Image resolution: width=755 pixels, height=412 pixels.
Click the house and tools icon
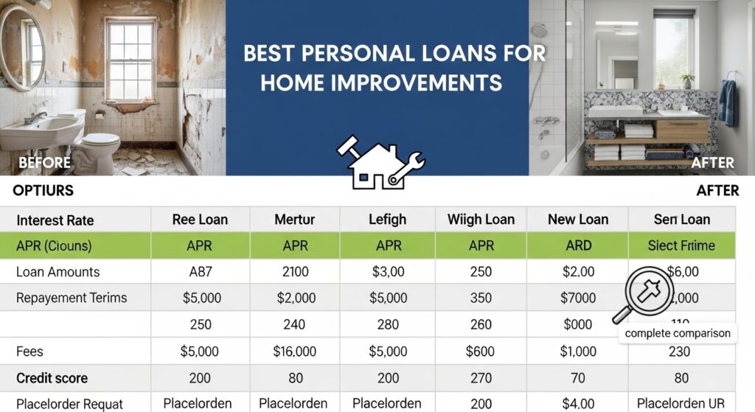click(380, 162)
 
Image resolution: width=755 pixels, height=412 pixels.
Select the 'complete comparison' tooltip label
click(677, 333)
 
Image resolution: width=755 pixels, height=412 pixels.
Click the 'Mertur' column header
click(294, 219)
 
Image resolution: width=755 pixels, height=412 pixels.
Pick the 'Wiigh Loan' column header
click(481, 219)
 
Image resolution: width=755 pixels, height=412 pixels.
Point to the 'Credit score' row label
click(52, 378)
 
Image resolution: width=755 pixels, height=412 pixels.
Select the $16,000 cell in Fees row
click(294, 352)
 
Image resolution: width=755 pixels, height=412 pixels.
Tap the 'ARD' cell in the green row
click(579, 245)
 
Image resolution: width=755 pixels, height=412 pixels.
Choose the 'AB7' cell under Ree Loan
click(200, 272)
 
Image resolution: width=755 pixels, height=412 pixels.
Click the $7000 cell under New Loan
click(579, 298)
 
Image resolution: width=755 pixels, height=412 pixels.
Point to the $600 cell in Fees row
click(481, 352)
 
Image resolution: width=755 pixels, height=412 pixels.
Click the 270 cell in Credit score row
click(481, 378)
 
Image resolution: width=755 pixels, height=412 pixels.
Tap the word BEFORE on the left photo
click(44, 163)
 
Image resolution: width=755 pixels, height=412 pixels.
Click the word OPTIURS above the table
click(44, 191)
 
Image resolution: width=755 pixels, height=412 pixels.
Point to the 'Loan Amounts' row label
click(58, 272)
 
